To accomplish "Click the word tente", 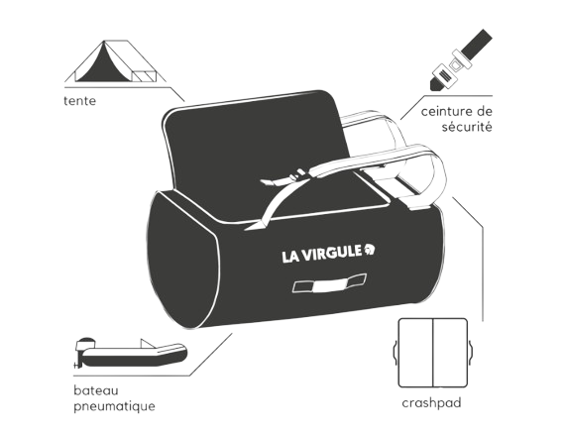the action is coord(79,101).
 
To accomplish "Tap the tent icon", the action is coord(115,61).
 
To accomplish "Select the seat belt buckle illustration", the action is coord(461,59).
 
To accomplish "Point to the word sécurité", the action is coord(467,127).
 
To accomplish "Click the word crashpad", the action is coord(432,403).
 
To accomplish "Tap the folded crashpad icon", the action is coord(432,353).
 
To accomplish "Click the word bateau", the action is coord(96,390).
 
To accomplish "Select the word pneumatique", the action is coord(114,406).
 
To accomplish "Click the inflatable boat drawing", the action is coord(130,353).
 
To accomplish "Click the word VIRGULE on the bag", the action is coord(331,254).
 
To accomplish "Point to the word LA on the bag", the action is coord(289,257).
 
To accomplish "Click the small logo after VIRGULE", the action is coord(370,249).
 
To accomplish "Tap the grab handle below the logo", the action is coord(329,283).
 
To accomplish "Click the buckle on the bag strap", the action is coord(298,175).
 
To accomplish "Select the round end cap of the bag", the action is coord(182,260).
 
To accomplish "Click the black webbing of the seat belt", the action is coord(476,45).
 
